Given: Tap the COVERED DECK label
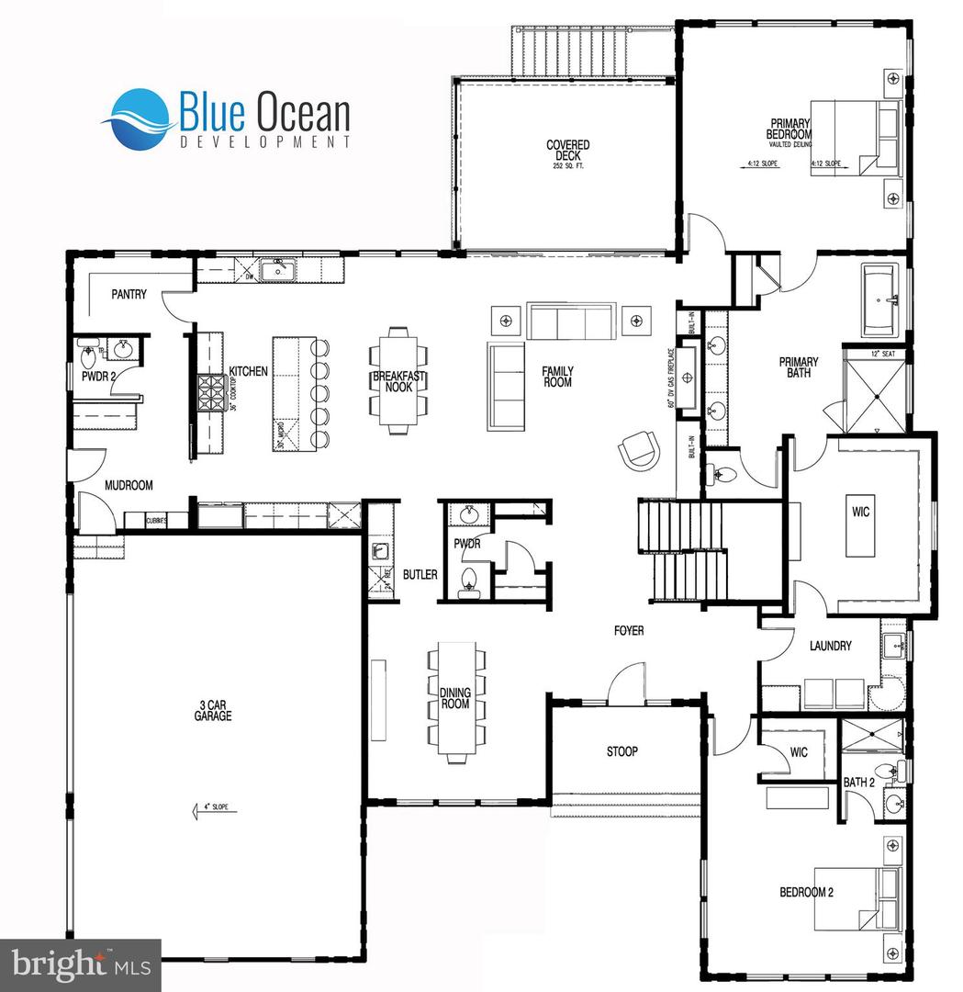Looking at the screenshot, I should click(567, 154).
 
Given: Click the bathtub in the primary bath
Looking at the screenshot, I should click(881, 299).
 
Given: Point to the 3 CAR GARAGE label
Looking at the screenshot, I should click(212, 711).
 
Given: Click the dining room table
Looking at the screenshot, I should click(455, 704).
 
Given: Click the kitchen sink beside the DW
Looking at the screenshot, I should click(274, 270).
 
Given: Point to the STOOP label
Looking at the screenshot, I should click(621, 751).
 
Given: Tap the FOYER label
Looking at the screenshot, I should click(629, 631).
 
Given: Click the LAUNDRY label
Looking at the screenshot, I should click(830, 646).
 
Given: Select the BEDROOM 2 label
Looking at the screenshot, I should click(807, 892).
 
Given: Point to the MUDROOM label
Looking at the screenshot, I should click(129, 485).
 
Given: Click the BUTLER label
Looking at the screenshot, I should click(420, 575).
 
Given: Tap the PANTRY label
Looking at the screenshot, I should click(129, 294).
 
